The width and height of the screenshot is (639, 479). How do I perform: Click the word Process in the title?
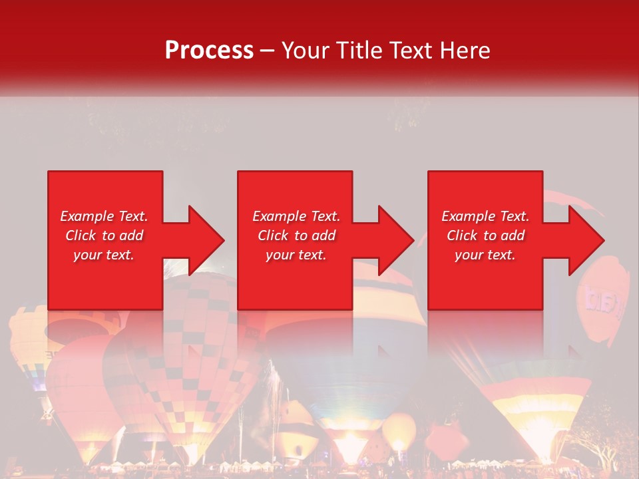(209, 51)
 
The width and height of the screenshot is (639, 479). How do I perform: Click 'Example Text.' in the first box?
(104, 216)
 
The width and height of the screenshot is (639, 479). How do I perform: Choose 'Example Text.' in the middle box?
(296, 216)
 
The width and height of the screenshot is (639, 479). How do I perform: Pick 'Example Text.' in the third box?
(485, 216)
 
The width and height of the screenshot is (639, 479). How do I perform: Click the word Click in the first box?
(81, 236)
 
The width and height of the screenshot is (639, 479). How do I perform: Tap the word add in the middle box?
(323, 236)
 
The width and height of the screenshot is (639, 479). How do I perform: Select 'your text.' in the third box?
(485, 255)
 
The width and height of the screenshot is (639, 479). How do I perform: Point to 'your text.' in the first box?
(104, 255)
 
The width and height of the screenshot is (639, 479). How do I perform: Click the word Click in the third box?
(463, 236)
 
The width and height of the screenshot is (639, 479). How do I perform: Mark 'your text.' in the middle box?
(296, 255)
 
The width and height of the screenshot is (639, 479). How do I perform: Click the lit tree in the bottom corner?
(602, 452)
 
